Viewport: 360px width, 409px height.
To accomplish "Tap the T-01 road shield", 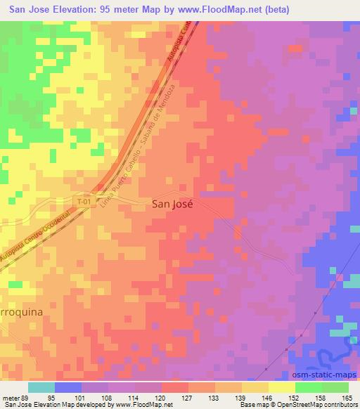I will pos(84,202).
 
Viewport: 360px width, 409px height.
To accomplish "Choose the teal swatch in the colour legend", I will pos(41,387).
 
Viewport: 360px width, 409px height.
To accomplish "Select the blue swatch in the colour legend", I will pos(68,387).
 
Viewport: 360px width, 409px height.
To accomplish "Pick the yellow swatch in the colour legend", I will pos(282,387).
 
